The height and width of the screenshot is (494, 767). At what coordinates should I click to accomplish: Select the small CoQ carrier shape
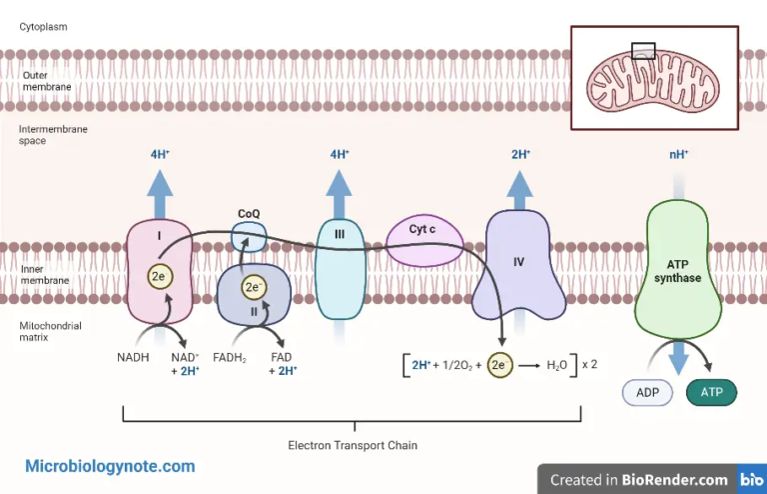[250, 237]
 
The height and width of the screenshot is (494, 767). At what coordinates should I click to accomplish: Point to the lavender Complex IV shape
[518, 265]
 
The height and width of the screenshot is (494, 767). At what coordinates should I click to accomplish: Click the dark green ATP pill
[711, 393]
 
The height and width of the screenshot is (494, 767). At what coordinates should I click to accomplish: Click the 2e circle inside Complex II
[254, 288]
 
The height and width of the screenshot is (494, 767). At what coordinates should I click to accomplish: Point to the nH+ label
[679, 154]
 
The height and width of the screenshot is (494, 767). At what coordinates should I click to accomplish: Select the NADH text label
[134, 356]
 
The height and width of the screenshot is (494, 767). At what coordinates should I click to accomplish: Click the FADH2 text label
[230, 357]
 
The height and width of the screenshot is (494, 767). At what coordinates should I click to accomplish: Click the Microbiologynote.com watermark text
[110, 466]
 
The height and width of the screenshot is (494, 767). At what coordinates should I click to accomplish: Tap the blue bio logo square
[751, 479]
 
